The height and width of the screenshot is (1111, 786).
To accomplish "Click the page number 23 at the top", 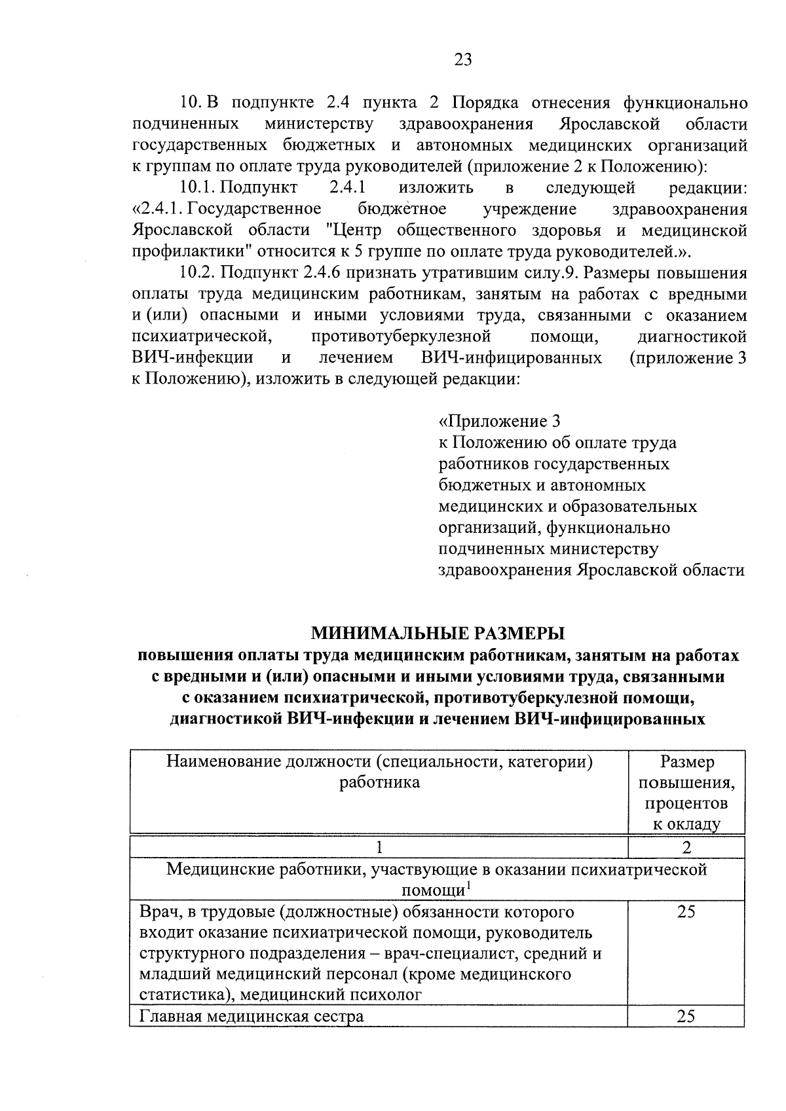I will coord(462,60).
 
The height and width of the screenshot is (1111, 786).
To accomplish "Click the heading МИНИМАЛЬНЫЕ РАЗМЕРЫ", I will coord(437,633).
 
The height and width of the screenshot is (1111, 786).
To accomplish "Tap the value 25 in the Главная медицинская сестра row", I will coord(686,1016).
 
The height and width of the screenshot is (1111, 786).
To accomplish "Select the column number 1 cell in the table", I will coord(379,847).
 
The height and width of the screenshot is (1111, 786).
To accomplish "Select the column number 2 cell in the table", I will coord(686,847).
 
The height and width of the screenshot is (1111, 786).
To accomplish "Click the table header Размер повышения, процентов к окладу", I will coord(686,793).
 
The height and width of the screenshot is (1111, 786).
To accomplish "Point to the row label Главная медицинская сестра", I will coord(252,1017).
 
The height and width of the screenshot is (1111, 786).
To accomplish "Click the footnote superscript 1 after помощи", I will coord(469,886).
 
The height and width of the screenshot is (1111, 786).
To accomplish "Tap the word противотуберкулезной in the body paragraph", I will coord(401,337).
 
